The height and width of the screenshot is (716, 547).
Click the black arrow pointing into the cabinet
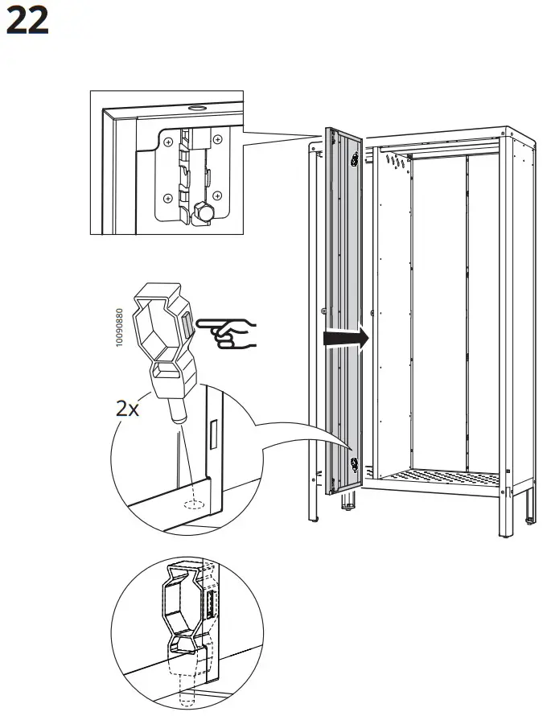point(344,339)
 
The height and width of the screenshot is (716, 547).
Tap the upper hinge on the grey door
point(355,160)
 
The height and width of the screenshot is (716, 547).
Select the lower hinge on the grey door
point(355,464)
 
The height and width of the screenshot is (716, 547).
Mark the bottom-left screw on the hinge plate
point(168,198)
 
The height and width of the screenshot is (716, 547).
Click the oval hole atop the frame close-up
point(195,107)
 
